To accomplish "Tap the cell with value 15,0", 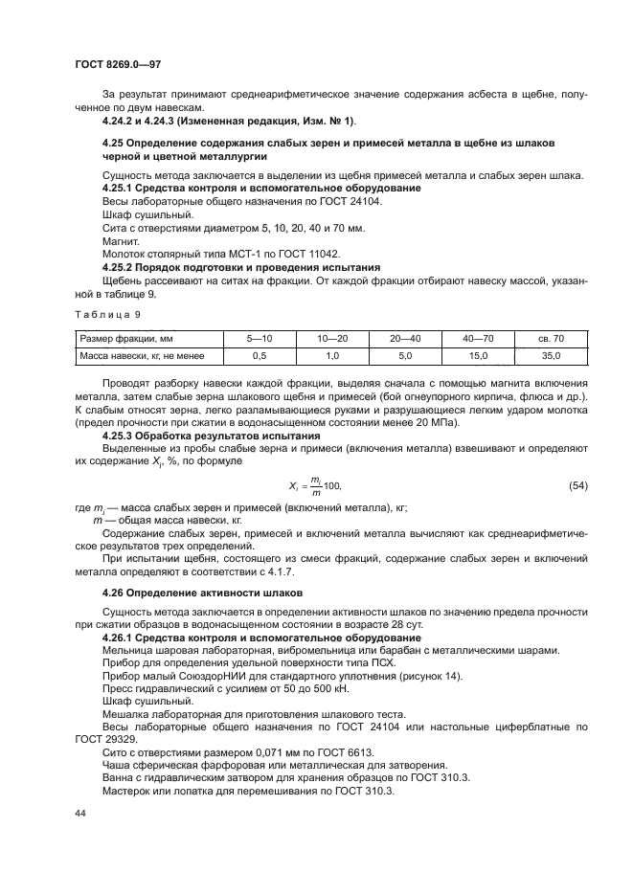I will tap(478, 355).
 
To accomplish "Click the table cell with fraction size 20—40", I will tap(403, 338).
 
